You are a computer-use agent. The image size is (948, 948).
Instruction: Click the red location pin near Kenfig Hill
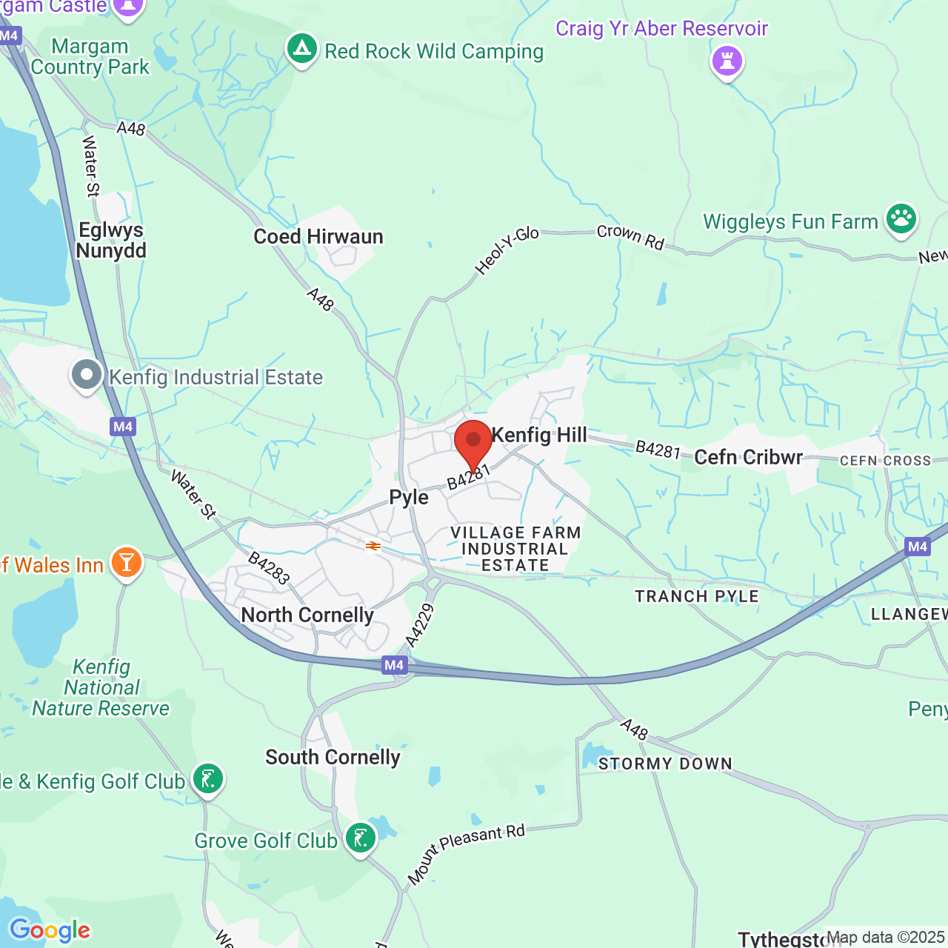(x=473, y=442)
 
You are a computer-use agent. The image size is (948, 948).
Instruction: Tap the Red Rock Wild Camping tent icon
(x=301, y=50)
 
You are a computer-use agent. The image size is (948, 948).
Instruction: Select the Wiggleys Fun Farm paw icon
(x=901, y=219)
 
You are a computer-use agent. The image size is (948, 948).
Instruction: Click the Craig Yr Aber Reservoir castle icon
(x=727, y=60)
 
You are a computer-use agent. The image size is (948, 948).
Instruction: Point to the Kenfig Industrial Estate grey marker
(x=87, y=375)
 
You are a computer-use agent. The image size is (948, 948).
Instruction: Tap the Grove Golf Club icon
(x=361, y=838)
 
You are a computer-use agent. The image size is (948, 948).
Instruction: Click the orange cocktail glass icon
(x=127, y=563)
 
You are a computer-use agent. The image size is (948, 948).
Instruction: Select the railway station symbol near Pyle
(x=373, y=546)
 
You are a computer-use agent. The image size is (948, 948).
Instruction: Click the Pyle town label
(x=409, y=497)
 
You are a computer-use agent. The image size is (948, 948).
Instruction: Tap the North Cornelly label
(x=307, y=615)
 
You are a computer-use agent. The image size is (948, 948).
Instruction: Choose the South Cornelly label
(x=333, y=757)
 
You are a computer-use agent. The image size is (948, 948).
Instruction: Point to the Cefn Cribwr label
(x=748, y=457)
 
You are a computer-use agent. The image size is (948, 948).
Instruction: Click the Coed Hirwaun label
(x=318, y=236)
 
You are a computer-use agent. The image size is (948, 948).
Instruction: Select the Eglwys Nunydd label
(x=111, y=240)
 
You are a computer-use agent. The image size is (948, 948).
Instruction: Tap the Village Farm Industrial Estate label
(x=515, y=549)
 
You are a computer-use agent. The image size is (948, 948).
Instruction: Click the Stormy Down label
(x=665, y=764)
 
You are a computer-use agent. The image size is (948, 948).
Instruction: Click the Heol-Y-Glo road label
(x=507, y=251)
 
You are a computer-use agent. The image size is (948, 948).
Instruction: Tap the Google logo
(x=50, y=930)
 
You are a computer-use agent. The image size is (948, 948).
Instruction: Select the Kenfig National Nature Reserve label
(x=101, y=687)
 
